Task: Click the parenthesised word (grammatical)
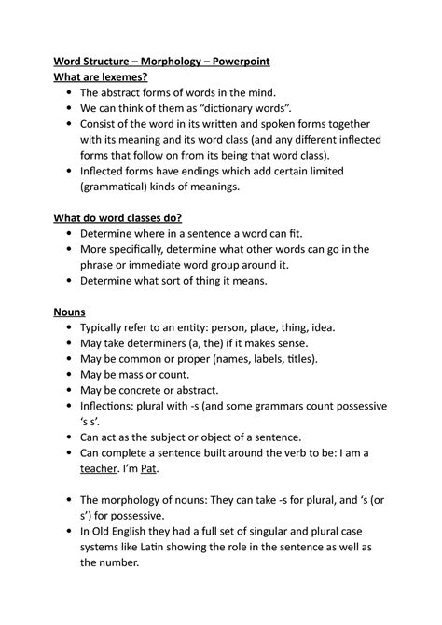click(x=120, y=187)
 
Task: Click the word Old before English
click(x=106, y=532)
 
